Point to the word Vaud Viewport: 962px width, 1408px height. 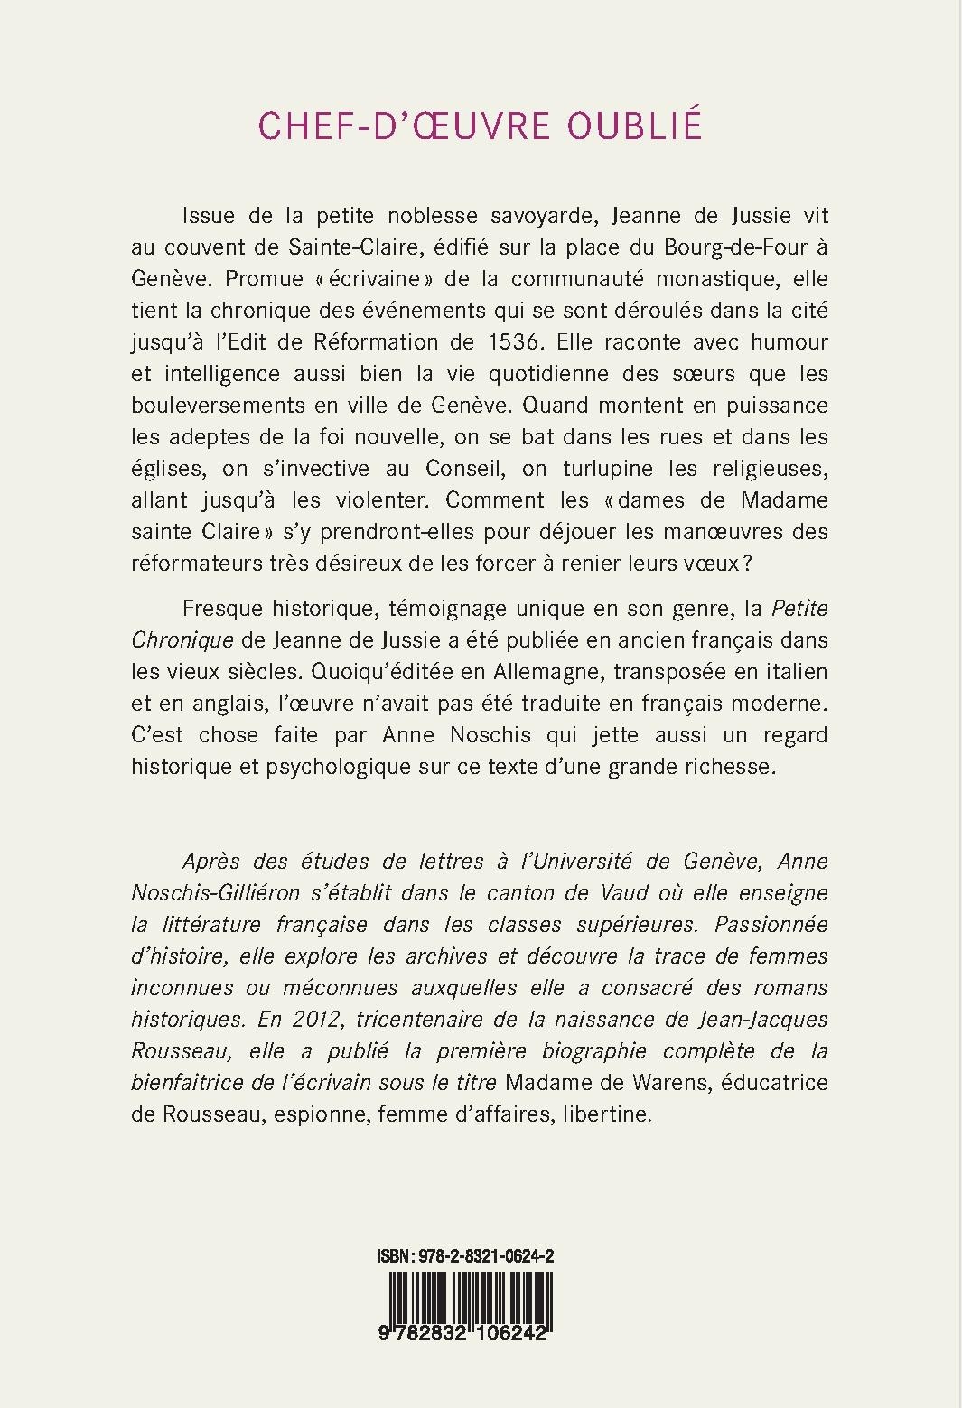(x=628, y=892)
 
